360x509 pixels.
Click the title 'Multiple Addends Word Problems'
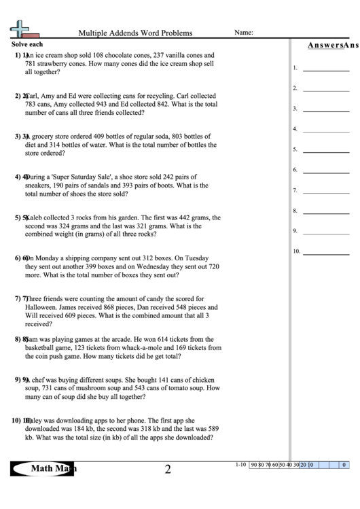point(135,33)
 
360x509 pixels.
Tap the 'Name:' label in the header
point(244,32)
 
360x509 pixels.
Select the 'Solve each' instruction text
point(26,43)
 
